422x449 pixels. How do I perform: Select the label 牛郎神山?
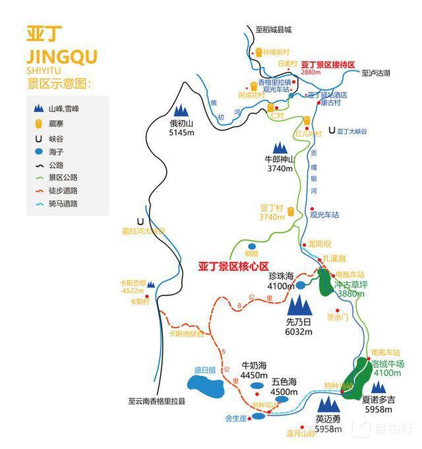pyautogui.click(x=277, y=159)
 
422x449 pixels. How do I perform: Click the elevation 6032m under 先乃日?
pyautogui.click(x=299, y=332)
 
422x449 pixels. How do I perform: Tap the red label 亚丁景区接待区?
pyautogui.click(x=328, y=65)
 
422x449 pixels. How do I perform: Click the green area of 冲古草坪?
pyautogui.click(x=325, y=283)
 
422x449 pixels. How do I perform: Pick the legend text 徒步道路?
pyautogui.click(x=63, y=191)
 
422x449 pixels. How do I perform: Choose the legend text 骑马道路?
pyautogui.click(x=63, y=204)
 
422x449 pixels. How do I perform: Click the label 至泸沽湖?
pyautogui.click(x=377, y=74)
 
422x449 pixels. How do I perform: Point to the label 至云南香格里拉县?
pyautogui.click(x=157, y=401)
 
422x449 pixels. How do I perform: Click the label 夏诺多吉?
pyautogui.click(x=378, y=399)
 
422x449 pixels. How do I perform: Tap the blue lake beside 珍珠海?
pyautogui.click(x=301, y=285)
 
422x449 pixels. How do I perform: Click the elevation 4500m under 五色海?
pyautogui.click(x=284, y=392)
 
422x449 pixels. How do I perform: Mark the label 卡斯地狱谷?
pyautogui.click(x=187, y=334)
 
